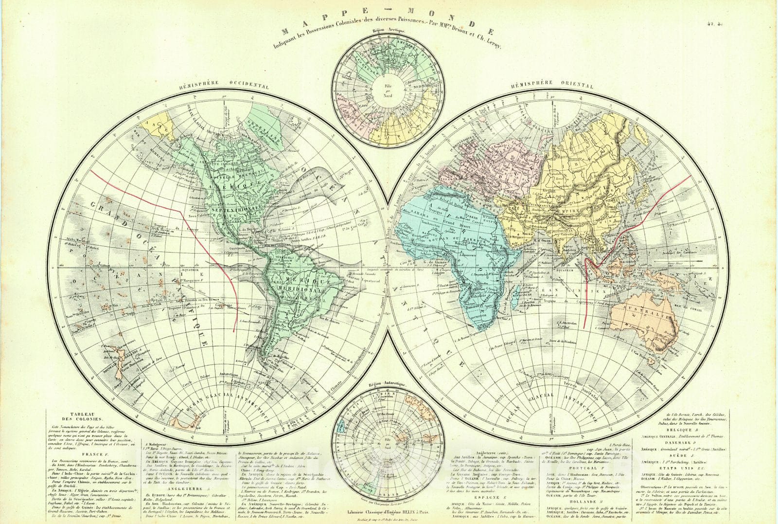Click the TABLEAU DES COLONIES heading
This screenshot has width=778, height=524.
(x=82, y=416)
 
